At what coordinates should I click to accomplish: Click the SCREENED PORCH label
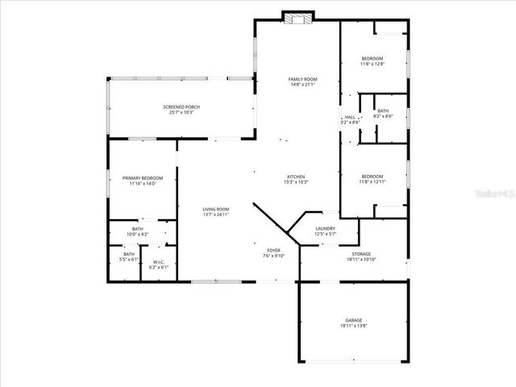(181, 107)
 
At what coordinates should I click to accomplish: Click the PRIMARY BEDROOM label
(142, 177)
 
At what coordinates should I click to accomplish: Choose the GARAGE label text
(355, 321)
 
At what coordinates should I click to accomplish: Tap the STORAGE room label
(361, 254)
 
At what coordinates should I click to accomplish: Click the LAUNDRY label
(326, 228)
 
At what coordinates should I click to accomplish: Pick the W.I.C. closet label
(158, 261)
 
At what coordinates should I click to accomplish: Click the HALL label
(350, 117)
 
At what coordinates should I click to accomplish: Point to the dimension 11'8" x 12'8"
(372, 64)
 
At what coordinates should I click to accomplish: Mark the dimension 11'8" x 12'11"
(372, 182)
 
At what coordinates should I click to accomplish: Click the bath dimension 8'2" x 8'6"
(382, 116)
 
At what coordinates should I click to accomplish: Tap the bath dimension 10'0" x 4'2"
(137, 234)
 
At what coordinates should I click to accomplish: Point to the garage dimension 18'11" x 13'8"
(355, 327)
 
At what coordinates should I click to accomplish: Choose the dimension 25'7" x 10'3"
(181, 113)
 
